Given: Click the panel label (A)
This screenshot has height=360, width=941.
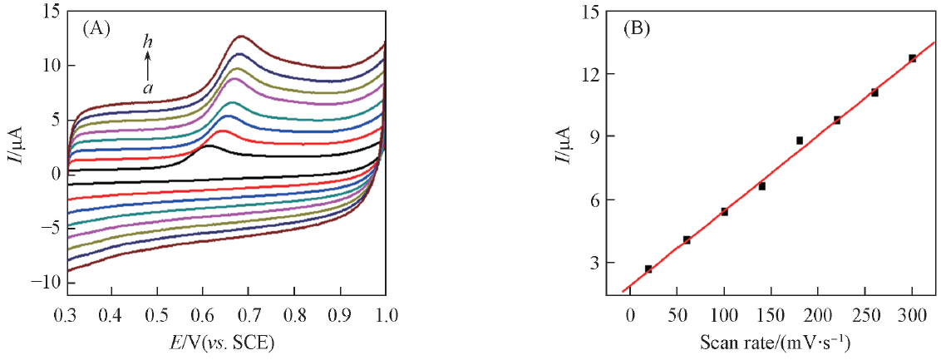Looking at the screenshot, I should (95, 28).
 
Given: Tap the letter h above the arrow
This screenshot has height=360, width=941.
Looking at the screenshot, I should (147, 41).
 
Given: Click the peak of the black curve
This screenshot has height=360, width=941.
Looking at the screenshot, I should (209, 146).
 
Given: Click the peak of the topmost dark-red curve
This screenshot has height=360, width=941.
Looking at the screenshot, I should (241, 37).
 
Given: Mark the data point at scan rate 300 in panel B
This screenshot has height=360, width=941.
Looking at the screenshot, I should (912, 58).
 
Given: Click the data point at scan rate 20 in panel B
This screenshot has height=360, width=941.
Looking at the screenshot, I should (648, 269).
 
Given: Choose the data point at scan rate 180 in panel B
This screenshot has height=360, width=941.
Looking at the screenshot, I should (800, 141).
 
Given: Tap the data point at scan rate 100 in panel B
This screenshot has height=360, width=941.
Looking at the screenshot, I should (724, 212).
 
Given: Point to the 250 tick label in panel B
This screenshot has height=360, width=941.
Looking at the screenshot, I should (865, 317).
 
